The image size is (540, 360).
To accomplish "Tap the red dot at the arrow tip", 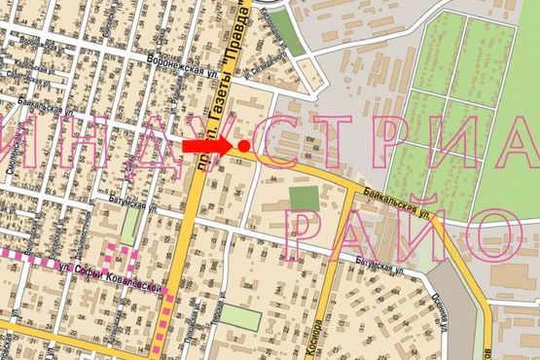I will pyautogui.click(x=243, y=146).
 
